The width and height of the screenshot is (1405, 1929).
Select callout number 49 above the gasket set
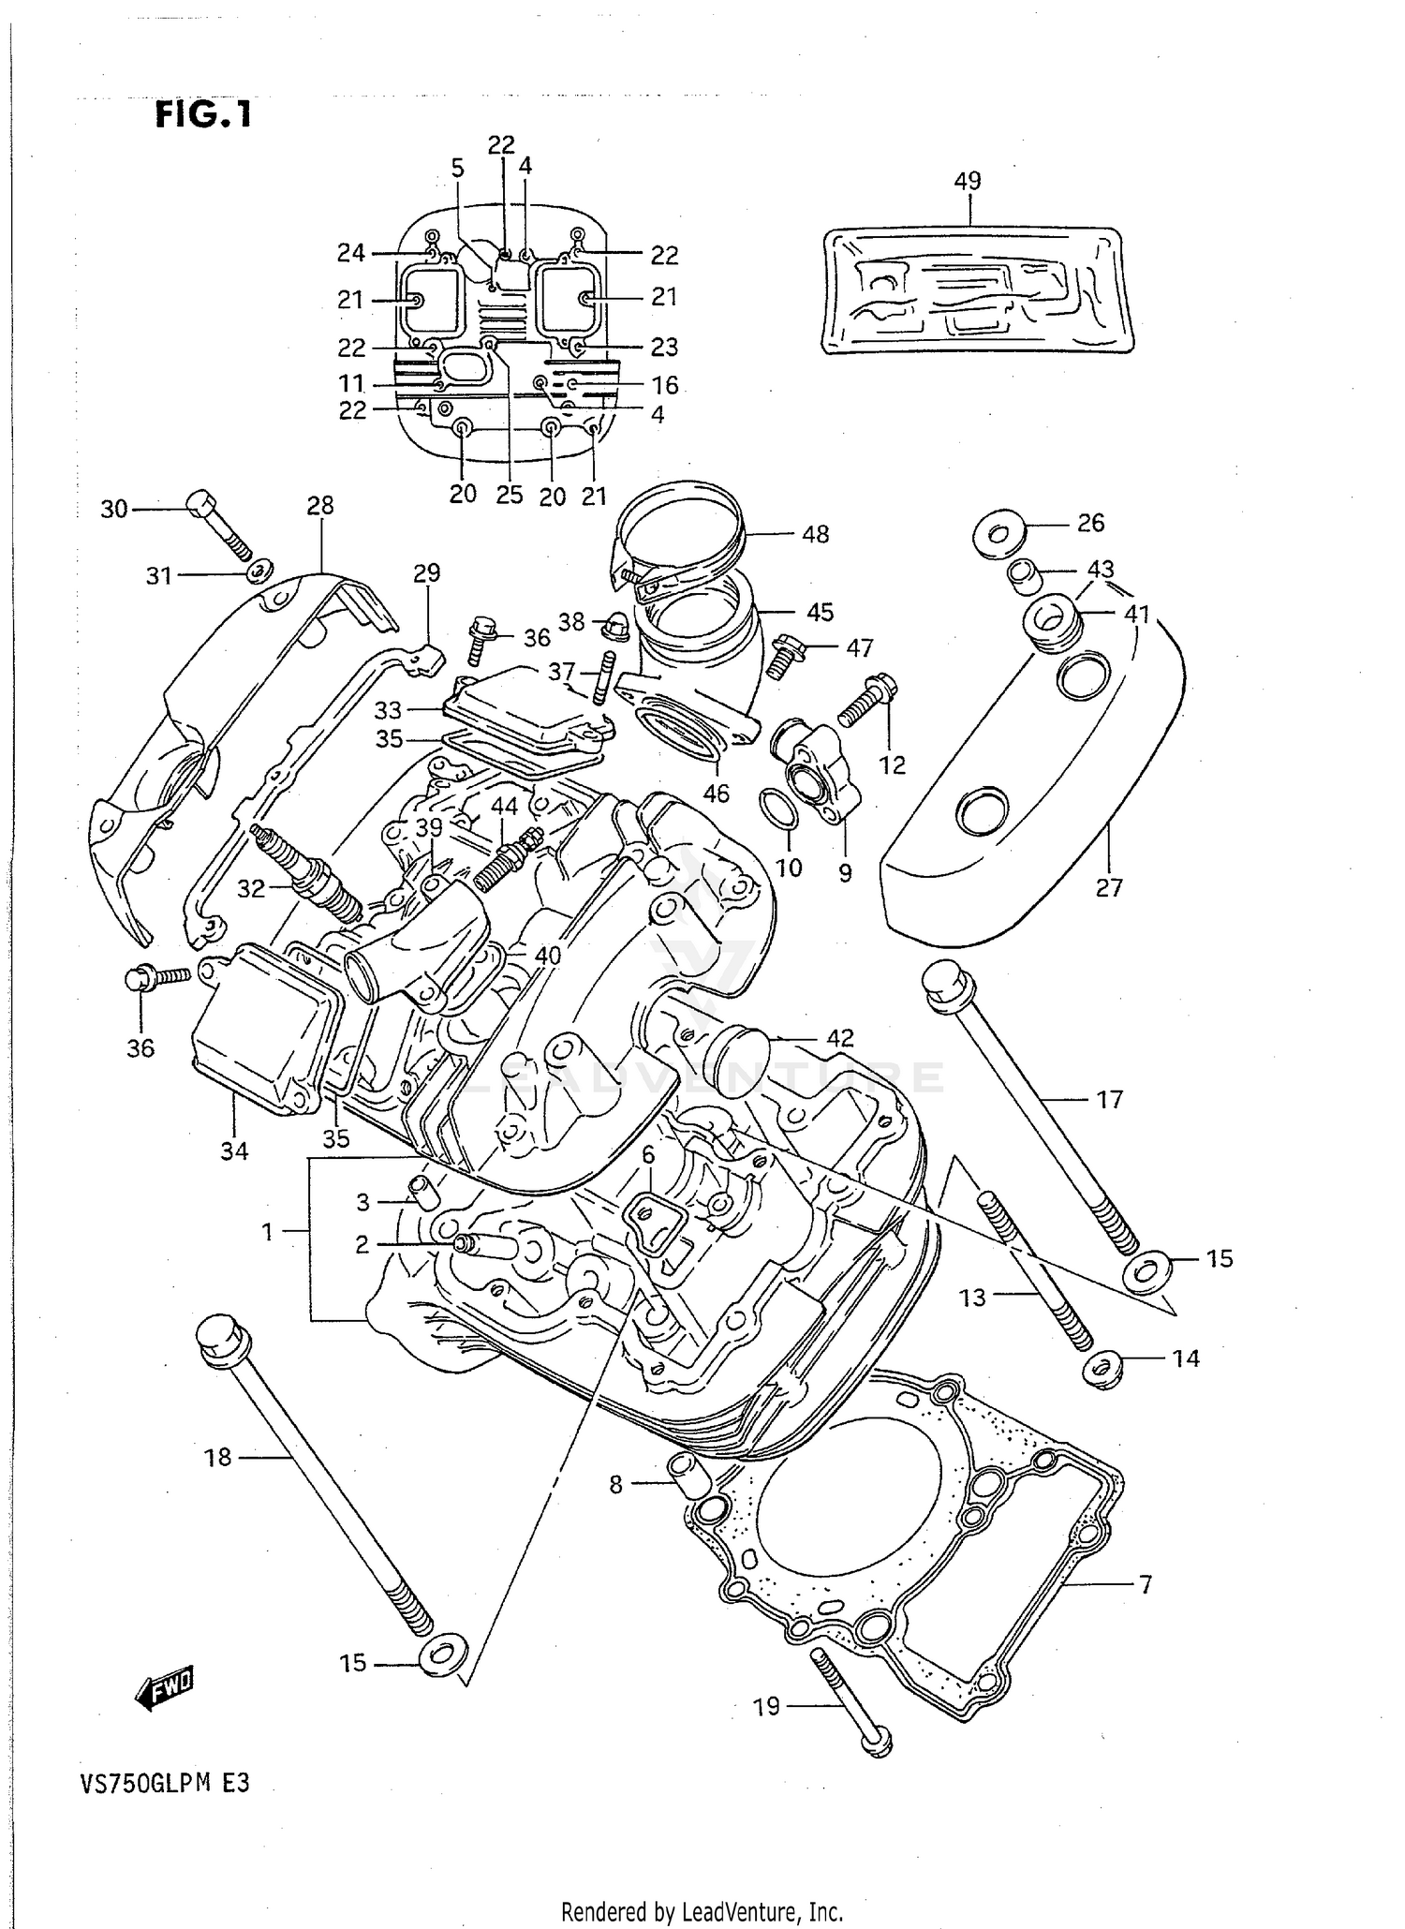967,180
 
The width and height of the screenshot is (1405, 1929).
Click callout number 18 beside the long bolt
217,1457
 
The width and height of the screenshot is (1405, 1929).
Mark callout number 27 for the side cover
1109,886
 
